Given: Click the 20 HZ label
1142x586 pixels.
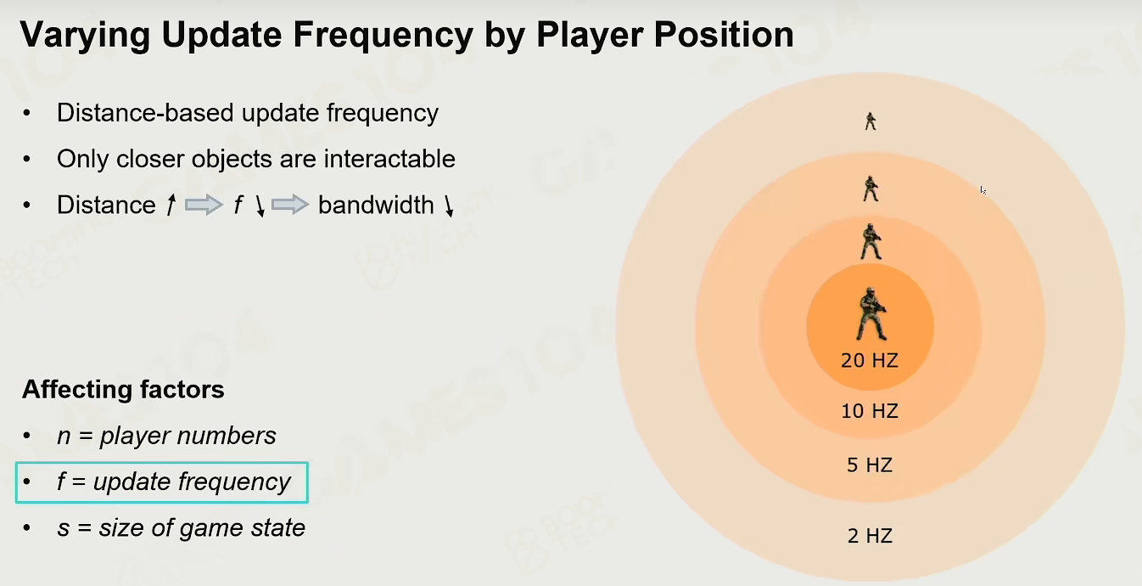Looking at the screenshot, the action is [x=870, y=360].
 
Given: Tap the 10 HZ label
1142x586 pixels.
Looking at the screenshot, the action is [x=870, y=411].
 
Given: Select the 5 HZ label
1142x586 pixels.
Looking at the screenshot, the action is [x=870, y=465].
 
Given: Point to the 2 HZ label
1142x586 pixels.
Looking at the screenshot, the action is [x=870, y=535].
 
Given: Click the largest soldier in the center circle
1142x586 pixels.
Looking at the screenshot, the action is [x=871, y=314].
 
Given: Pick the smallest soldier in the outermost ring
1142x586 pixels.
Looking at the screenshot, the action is [x=870, y=121].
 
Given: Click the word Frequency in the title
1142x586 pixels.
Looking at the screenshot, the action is [x=383, y=36].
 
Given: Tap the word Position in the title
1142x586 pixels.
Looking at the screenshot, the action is [x=724, y=35].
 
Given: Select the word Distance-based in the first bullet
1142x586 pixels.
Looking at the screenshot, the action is [x=145, y=113].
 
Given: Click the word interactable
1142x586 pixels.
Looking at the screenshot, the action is [x=389, y=159].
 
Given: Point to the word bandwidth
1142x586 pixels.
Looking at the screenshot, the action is [x=376, y=206].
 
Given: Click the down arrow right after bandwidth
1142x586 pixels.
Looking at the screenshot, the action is [x=449, y=206].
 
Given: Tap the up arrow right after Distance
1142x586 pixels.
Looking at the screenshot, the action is [x=171, y=206].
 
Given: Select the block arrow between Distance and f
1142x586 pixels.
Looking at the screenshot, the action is [x=204, y=206].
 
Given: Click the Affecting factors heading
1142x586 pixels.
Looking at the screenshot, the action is [x=123, y=390].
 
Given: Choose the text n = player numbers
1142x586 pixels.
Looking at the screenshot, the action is [x=166, y=436].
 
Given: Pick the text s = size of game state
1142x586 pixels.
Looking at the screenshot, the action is [x=181, y=527].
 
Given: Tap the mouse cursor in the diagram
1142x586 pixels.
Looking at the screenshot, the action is [x=982, y=190].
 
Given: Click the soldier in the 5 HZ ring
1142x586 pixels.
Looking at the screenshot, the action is [x=870, y=189].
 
